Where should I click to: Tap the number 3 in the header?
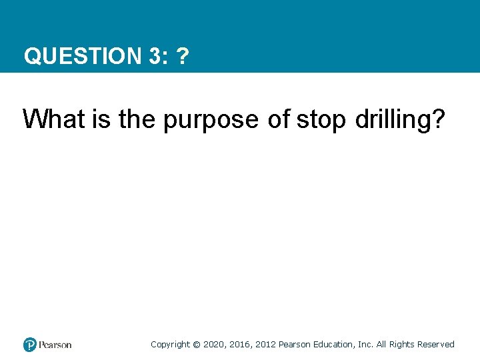pyautogui.click(x=154, y=56)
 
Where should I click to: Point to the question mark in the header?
pyautogui.click(x=182, y=56)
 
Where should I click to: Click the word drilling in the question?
pyautogui.click(x=401, y=120)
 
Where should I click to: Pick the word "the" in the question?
pyautogui.click(x=137, y=119)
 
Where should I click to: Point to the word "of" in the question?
pyautogui.click(x=279, y=119)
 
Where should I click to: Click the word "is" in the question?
pyautogui.click(x=103, y=119)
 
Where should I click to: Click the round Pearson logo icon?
pyautogui.click(x=29, y=345)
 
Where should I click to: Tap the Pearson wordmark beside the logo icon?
pyautogui.click(x=55, y=345)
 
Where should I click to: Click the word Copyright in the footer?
pyautogui.click(x=170, y=345)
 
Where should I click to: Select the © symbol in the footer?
pyautogui.click(x=196, y=345)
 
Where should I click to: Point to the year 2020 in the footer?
pyautogui.click(x=214, y=345)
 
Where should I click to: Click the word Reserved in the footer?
pyautogui.click(x=435, y=345)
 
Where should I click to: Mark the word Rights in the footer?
pyautogui.click(x=401, y=345)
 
